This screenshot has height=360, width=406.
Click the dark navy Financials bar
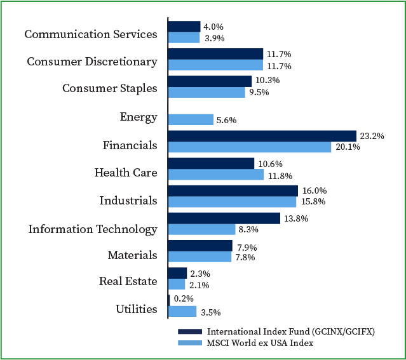(262, 136)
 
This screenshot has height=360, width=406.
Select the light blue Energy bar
(191, 119)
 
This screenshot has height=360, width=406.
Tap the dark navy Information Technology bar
(224, 218)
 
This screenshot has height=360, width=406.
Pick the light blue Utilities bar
(182, 312)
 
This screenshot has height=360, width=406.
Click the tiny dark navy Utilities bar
(169, 299)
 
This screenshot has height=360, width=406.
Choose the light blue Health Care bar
(215, 175)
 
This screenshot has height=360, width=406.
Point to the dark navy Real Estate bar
(177, 272)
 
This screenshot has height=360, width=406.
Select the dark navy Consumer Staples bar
(210, 81)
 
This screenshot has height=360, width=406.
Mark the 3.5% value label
(211, 312)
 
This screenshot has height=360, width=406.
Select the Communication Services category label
(90, 34)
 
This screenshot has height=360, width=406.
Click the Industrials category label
(128, 201)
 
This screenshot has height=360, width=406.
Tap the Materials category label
(132, 255)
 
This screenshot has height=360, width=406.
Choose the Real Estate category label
(128, 281)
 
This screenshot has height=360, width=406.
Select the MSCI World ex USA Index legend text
(261, 343)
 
